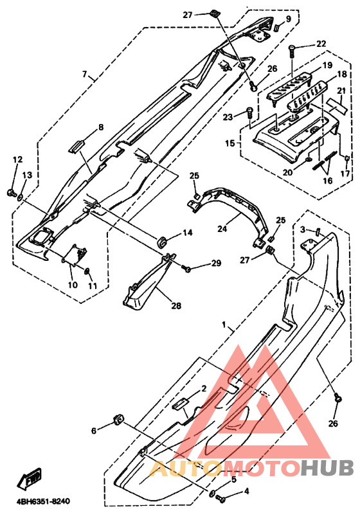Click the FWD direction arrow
pyautogui.click(x=28, y=479)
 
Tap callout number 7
pyautogui.click(x=85, y=75)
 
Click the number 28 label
pyautogui.click(x=176, y=305)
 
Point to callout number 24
pyautogui.click(x=222, y=229)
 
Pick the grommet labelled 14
pyautogui.click(x=161, y=242)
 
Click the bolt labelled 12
pyautogui.click(x=11, y=193)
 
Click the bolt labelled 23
pyautogui.click(x=249, y=114)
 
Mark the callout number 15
pyautogui.click(x=230, y=143)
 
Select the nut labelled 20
pyautogui.click(x=309, y=159)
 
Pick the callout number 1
pyautogui.click(x=224, y=325)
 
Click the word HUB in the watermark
pyautogui.click(x=327, y=469)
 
